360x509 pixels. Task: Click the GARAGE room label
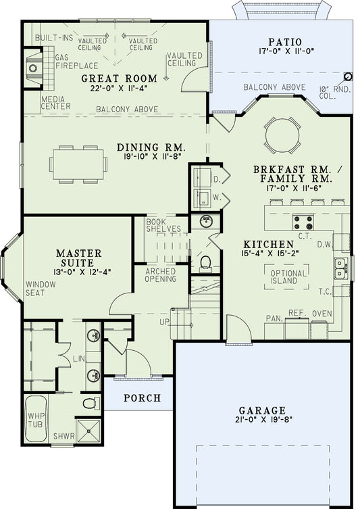[x=262, y=410]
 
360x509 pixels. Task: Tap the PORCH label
[x=143, y=398]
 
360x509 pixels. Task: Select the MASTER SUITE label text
[x=79, y=258]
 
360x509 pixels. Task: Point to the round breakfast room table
[x=280, y=137]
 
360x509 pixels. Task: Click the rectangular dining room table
[x=78, y=164]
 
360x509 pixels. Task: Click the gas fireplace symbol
[x=33, y=68]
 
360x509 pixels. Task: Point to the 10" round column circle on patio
[x=348, y=76]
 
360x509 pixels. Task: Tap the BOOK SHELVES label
[x=163, y=224]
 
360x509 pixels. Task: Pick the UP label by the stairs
[x=164, y=322]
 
